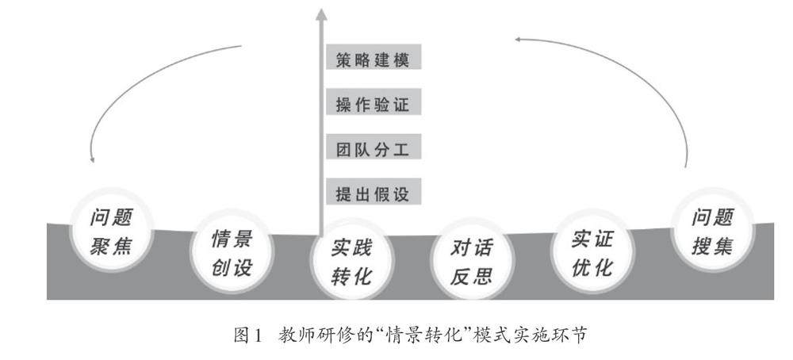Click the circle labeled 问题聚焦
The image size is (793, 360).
111,231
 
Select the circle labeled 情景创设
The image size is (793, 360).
232,252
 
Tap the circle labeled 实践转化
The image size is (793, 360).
351,262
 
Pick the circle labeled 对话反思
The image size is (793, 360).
472,261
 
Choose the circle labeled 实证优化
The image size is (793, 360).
592,252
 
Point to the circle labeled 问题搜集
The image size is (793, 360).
711,231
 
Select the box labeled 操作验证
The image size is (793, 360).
373,104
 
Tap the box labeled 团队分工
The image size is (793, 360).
373,148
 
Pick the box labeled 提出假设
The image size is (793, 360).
373,193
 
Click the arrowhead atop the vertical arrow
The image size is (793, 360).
320,13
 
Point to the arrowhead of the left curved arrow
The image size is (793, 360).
92,158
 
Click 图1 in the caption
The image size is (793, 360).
247,336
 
